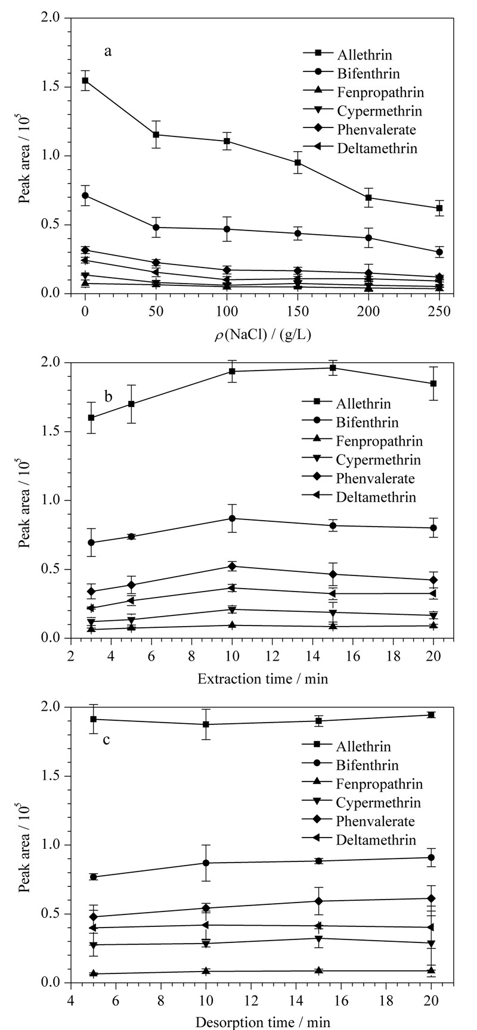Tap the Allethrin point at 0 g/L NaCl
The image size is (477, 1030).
coord(85,80)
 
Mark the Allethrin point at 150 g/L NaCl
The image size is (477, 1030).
coord(298,162)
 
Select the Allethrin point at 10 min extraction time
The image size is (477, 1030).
coord(232,371)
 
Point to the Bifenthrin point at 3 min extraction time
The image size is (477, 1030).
coord(91,543)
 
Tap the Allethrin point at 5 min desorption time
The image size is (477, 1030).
coord(93,719)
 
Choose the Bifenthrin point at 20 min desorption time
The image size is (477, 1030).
coord(431,857)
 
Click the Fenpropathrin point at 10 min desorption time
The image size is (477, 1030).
coord(206,971)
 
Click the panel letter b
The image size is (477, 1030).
coord(109,396)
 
